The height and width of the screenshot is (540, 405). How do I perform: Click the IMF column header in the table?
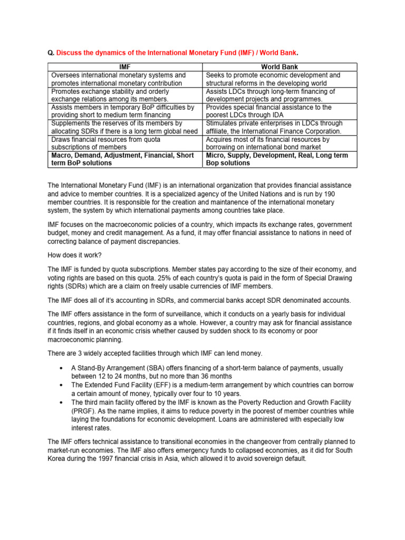125,67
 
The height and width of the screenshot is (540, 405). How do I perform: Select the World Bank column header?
279,67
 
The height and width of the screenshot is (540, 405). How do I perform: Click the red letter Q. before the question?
51,53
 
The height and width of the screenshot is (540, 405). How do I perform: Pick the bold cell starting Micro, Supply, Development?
279,159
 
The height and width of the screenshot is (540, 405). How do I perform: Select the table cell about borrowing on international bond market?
279,143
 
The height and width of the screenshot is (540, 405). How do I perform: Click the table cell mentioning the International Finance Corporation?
279,127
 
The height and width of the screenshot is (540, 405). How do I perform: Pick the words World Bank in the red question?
280,53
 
